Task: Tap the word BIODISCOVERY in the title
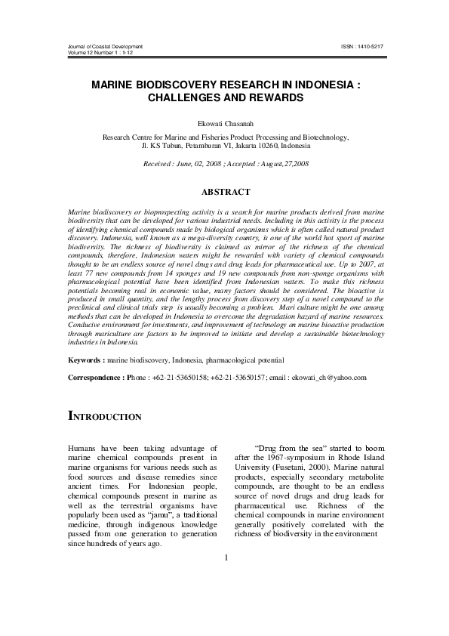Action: click(177, 86)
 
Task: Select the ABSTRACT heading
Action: click(224, 193)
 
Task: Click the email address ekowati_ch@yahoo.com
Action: click(329, 377)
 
